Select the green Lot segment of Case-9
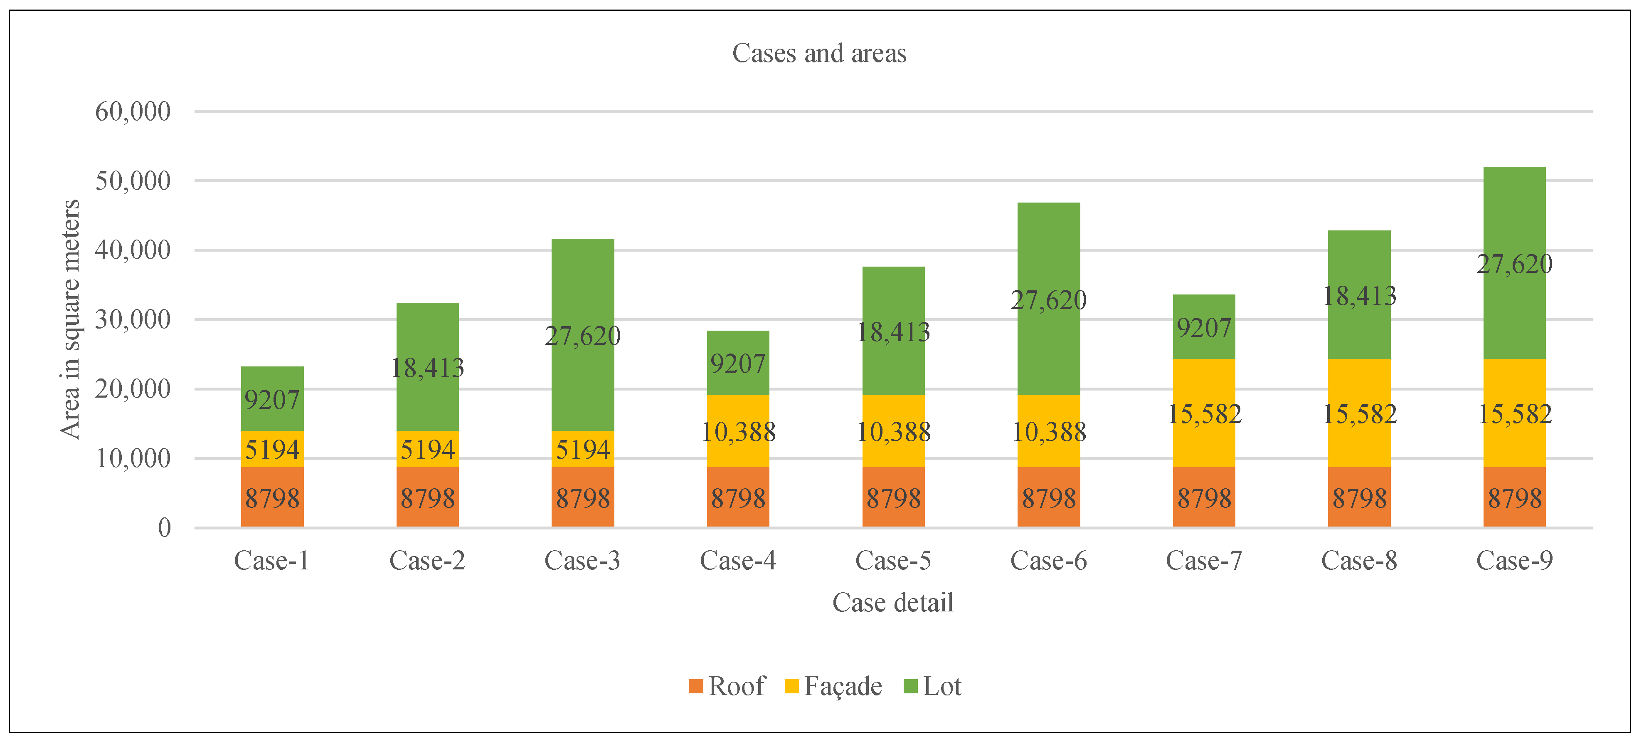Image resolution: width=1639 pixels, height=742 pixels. point(1514,216)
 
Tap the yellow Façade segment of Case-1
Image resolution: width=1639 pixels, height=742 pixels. point(272,449)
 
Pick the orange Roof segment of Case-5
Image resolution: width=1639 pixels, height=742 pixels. point(893,497)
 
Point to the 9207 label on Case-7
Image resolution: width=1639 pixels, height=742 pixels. point(1204,328)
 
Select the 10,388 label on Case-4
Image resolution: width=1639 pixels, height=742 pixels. point(738,432)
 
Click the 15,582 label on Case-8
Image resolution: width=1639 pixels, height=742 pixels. point(1359,414)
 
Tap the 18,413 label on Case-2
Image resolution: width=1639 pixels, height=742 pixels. point(428,368)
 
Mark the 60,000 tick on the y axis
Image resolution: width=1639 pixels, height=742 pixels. point(133,111)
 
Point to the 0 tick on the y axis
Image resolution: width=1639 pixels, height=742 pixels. point(164,527)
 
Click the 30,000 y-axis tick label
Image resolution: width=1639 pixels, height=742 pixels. point(133,319)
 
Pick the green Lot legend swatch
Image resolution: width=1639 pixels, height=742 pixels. point(910,686)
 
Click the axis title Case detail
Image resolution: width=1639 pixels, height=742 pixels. point(893,602)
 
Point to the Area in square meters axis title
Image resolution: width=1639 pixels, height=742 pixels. point(70,319)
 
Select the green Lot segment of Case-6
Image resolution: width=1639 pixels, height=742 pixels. point(1049,255)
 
